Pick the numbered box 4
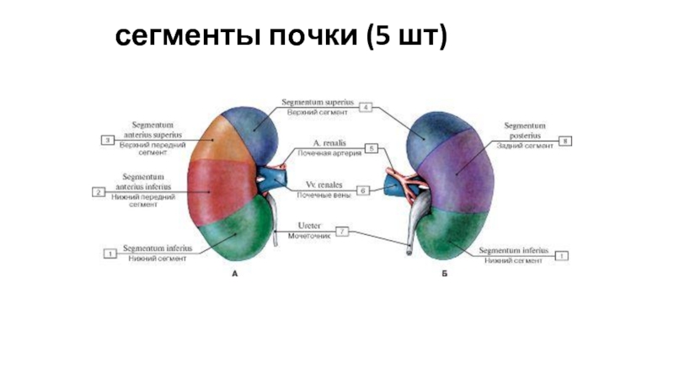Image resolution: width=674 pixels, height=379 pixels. (366, 107)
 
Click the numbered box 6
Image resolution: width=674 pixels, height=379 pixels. (363, 190)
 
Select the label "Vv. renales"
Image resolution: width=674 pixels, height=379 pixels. (324, 184)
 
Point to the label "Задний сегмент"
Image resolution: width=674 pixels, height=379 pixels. (524, 147)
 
